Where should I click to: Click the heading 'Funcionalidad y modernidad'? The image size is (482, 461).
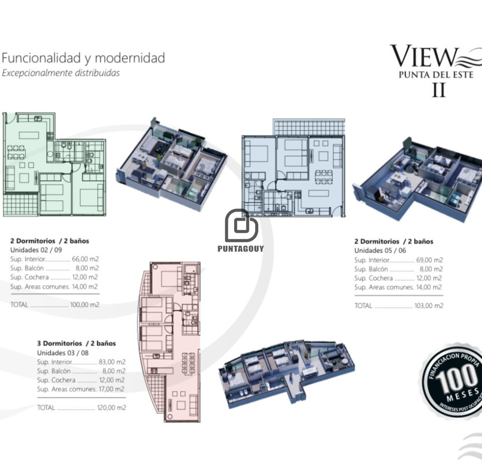83,57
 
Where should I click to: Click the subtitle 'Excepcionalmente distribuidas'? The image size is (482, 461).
60,73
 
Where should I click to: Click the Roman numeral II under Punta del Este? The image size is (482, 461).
438,91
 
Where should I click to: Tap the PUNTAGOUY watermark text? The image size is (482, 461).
241,249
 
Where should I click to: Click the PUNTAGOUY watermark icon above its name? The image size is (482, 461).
241,225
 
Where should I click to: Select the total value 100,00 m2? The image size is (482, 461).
85,305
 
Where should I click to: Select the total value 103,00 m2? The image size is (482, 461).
429,306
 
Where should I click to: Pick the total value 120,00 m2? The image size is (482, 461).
111,408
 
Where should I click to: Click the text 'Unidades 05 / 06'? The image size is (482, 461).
380,250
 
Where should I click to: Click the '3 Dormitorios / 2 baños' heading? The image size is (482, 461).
76,344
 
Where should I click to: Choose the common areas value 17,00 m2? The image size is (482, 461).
112,389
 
